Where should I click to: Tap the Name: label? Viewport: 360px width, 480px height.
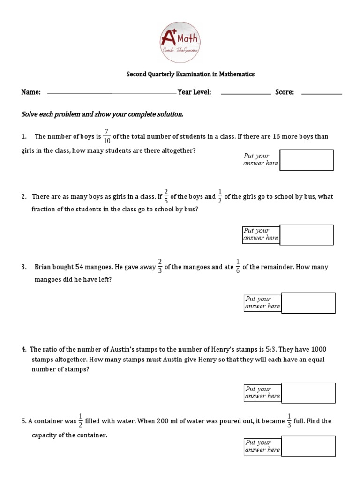point(31,92)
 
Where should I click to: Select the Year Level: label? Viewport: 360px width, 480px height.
point(195,92)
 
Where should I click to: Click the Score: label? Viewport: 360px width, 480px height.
point(285,92)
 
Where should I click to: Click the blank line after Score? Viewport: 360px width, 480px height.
point(322,94)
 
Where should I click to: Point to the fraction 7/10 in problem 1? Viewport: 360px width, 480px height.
point(107,136)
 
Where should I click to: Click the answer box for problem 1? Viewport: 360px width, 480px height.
point(306,160)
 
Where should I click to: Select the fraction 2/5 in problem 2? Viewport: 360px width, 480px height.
point(166,196)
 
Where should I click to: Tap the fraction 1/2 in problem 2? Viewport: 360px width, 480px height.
point(220,196)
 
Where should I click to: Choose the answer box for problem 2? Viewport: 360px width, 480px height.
point(307,234)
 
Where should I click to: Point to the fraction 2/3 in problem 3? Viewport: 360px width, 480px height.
point(160,267)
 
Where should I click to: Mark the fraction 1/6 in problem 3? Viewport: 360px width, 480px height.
point(238,267)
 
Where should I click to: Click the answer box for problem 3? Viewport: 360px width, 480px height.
point(308,303)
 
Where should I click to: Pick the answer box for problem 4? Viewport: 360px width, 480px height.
point(308,393)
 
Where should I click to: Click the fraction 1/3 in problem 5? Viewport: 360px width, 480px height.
point(289,420)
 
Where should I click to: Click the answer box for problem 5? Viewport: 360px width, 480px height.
point(308,446)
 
